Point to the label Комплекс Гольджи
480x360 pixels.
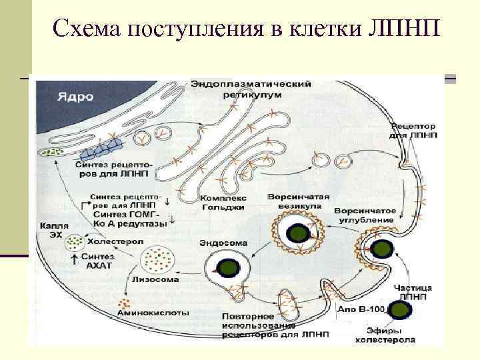pyautogui.click(x=223, y=203)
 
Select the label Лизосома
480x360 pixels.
pyautogui.click(x=155, y=279)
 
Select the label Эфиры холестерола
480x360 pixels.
pyautogui.click(x=390, y=335)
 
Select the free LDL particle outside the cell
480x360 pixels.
pyautogui.click(x=399, y=311)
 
